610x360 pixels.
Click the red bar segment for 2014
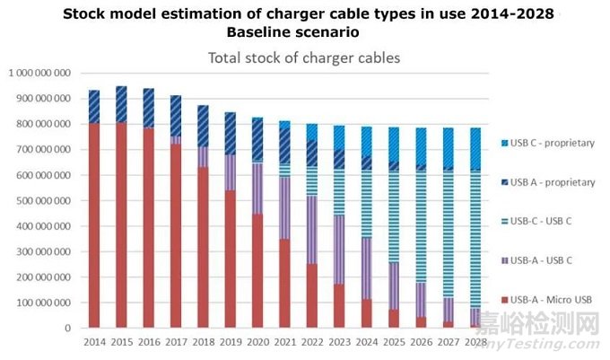coord(94,224)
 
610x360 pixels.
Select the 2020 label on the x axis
coord(258,341)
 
